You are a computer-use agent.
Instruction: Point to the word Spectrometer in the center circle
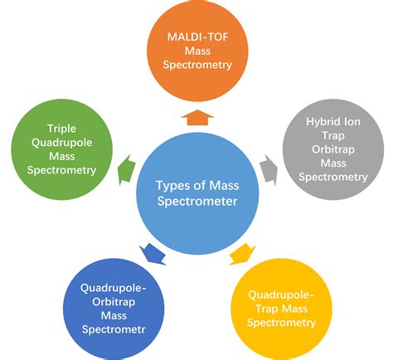pos(197,202)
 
